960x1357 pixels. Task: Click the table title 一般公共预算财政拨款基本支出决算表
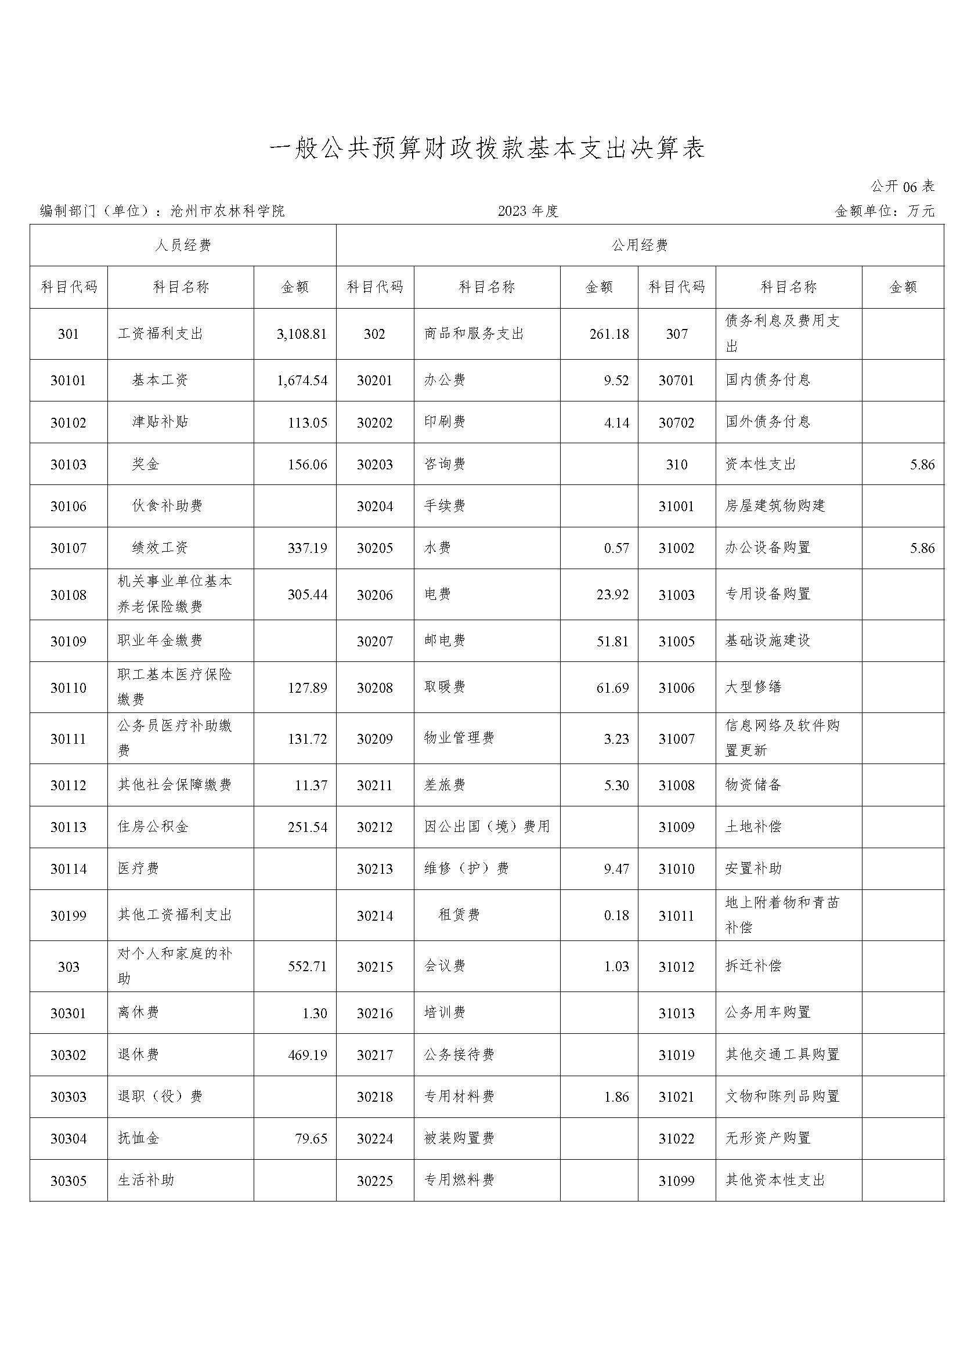click(x=487, y=149)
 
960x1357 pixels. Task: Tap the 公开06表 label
click(x=902, y=187)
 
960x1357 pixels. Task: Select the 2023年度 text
click(x=528, y=211)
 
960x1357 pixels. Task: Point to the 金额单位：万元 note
click(x=885, y=211)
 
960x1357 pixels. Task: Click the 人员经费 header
click(x=183, y=245)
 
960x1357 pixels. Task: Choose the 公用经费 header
click(x=640, y=245)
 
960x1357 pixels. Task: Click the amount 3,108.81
click(x=301, y=335)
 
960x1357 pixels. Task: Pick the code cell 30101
click(x=68, y=381)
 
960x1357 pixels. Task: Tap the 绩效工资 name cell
click(x=160, y=548)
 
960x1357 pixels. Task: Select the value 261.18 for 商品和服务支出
click(x=609, y=335)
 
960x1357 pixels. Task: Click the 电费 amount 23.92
click(x=612, y=595)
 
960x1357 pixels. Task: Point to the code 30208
click(x=375, y=688)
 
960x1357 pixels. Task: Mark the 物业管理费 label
click(x=459, y=738)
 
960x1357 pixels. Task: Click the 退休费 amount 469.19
click(x=308, y=1055)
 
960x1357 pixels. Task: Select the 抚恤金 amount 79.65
click(x=311, y=1139)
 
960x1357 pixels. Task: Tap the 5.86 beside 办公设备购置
click(x=922, y=548)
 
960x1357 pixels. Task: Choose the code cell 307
click(x=676, y=335)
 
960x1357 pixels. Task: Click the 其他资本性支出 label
click(x=774, y=1180)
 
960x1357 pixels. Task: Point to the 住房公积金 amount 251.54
click(x=308, y=827)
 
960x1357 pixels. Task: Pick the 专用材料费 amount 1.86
click(x=616, y=1097)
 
